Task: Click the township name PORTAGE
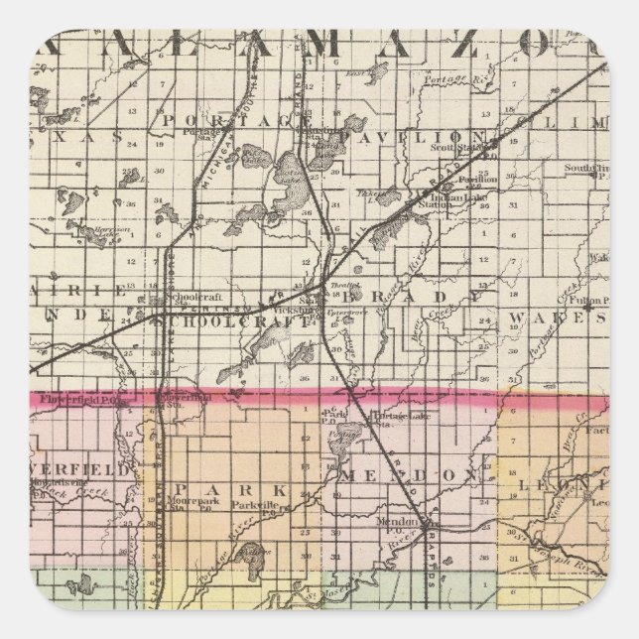(235, 122)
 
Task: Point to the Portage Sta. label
(204, 135)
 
